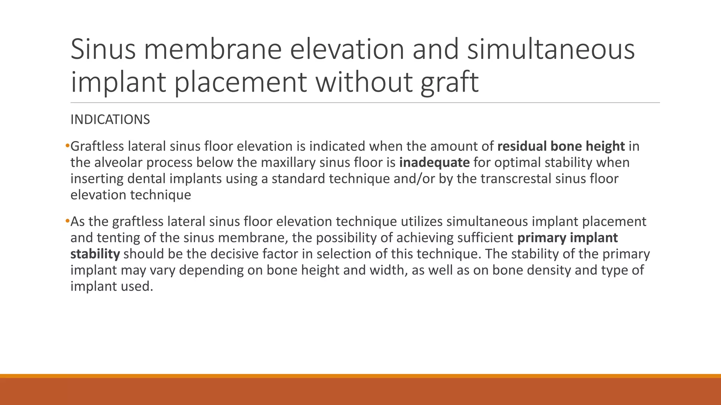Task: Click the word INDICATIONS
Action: tap(110, 120)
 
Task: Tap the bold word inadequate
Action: tap(434, 162)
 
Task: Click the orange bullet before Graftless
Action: tap(67, 146)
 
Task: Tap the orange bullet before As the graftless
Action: tap(67, 221)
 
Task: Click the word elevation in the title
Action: tap(347, 49)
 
